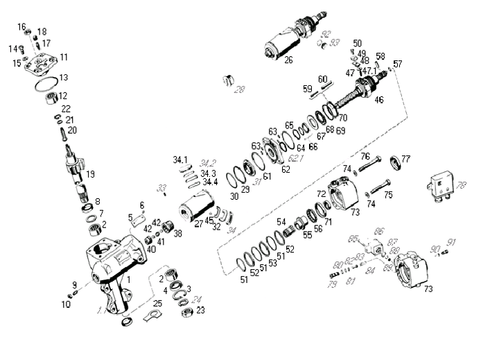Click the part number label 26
(x=288, y=60)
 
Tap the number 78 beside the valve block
(x=461, y=185)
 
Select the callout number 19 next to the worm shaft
(x=90, y=174)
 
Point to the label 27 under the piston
(x=200, y=224)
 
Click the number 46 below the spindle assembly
(x=378, y=100)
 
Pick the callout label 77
(x=405, y=159)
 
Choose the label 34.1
(x=181, y=160)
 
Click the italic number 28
(x=240, y=89)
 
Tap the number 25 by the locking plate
(x=157, y=303)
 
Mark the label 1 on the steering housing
(x=128, y=278)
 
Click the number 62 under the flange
(x=286, y=169)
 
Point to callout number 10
(x=66, y=303)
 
